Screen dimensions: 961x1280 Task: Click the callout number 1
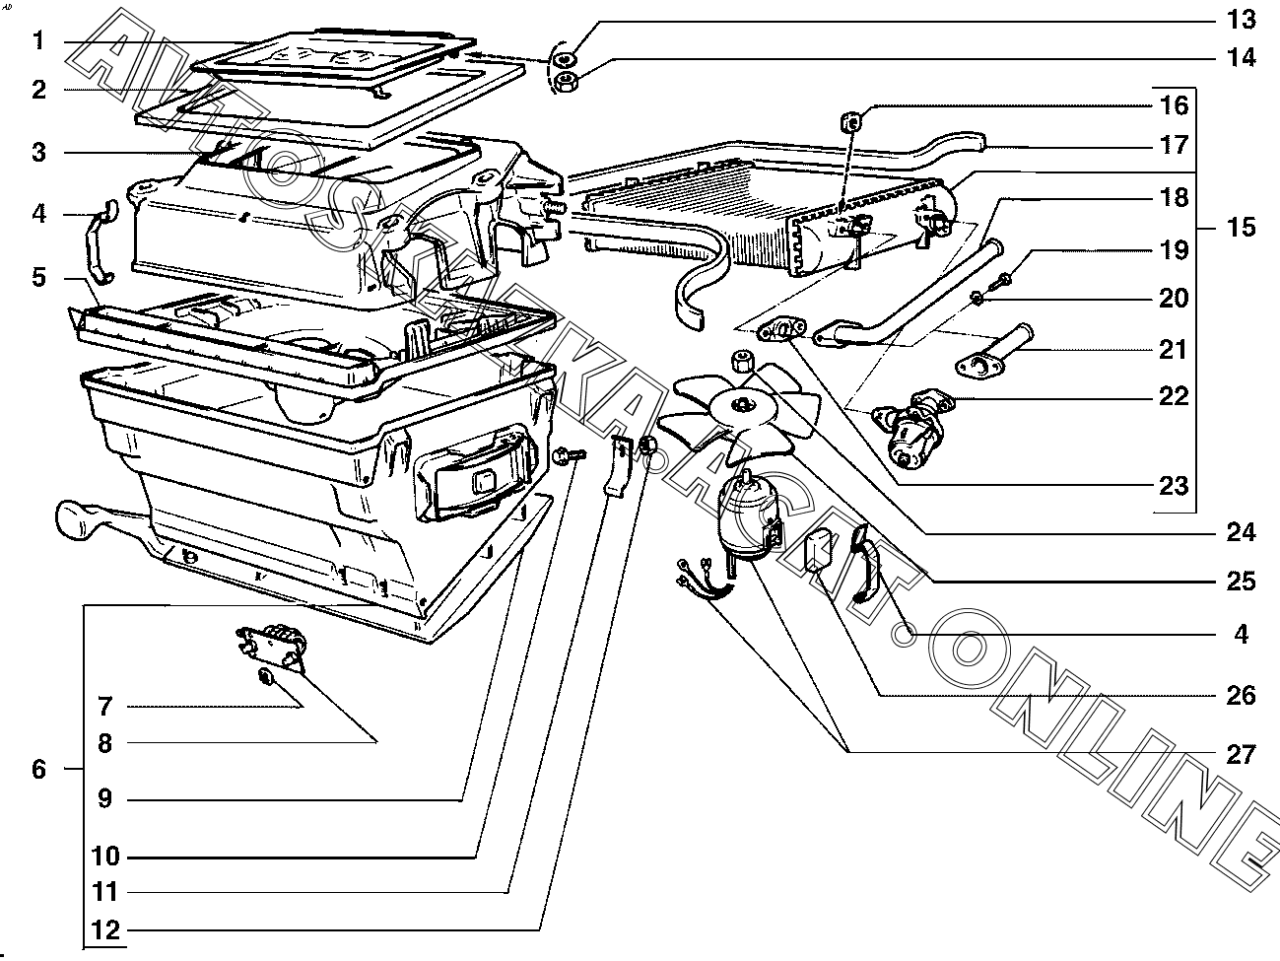(38, 41)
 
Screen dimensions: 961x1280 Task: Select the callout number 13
(1240, 20)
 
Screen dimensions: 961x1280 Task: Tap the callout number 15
(1240, 228)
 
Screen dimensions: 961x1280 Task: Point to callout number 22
(1173, 397)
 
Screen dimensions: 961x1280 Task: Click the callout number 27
(1240, 755)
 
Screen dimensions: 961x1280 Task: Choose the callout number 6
(38, 769)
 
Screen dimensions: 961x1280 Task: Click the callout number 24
(1240, 533)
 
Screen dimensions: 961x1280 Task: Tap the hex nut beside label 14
(567, 83)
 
